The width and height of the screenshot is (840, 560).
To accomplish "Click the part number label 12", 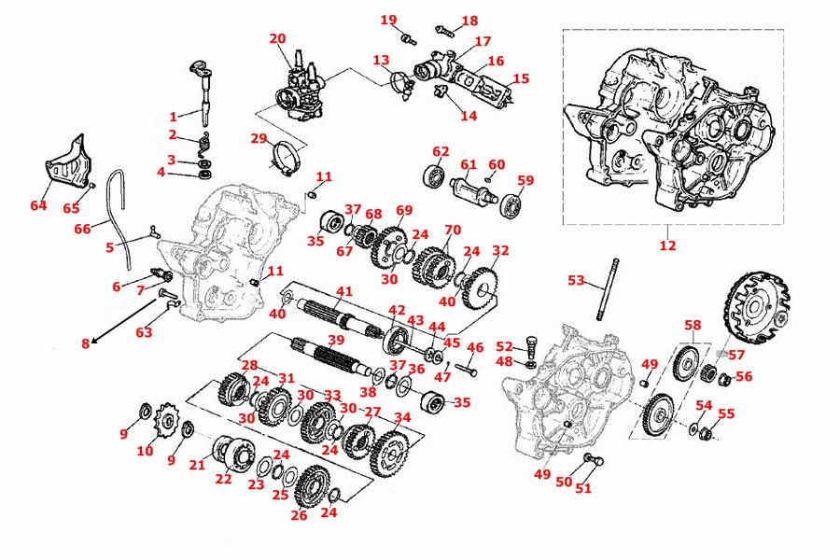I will point(667,245).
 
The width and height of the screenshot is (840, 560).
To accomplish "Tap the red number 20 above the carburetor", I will point(277,38).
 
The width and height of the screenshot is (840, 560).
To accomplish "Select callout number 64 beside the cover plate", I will point(38,205).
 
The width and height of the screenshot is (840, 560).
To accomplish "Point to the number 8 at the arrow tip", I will point(85,343).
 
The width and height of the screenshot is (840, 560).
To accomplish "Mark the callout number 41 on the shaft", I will point(344,293).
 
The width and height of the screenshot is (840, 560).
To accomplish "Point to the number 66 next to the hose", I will point(83,228).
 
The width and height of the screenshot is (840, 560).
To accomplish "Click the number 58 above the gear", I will point(692,325).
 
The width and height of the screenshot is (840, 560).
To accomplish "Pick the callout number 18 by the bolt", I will point(469,21).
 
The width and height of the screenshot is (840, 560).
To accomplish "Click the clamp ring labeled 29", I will point(287,155).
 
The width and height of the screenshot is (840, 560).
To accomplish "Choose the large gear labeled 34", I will point(386,453).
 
